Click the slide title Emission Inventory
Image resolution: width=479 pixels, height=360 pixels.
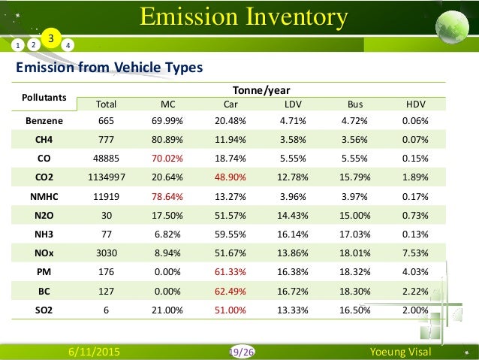coord(245,16)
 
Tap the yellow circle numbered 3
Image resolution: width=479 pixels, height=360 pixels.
coord(50,38)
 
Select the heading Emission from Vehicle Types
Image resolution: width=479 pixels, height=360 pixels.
coord(110,68)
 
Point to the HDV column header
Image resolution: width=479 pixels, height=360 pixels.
coord(414,103)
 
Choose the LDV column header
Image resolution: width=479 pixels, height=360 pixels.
coord(294,103)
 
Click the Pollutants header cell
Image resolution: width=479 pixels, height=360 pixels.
coord(44,97)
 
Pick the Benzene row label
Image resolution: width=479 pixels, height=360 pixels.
coord(44,120)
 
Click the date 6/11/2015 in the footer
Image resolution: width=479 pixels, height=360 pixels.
coord(95,351)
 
